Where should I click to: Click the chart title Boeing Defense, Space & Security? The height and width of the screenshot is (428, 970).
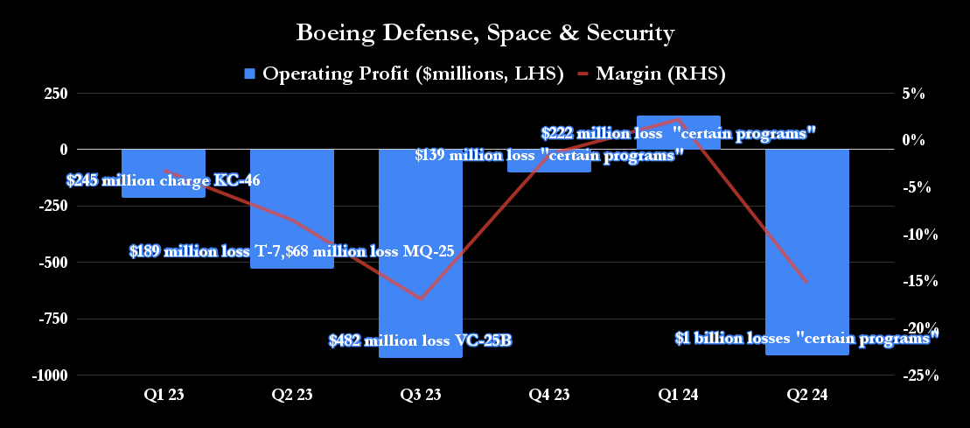pyautogui.click(x=485, y=33)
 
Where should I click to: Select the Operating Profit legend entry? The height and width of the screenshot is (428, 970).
pyautogui.click(x=403, y=74)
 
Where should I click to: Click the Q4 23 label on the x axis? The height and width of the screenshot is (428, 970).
pyautogui.click(x=549, y=396)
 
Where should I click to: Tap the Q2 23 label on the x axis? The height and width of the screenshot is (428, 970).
pyautogui.click(x=292, y=396)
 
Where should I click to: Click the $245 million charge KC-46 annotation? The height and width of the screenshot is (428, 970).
pyautogui.click(x=164, y=181)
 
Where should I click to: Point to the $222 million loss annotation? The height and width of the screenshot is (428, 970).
pyautogui.click(x=679, y=134)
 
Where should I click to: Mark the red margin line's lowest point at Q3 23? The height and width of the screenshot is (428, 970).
pyautogui.click(x=421, y=299)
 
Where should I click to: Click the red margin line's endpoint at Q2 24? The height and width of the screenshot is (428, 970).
pyautogui.click(x=806, y=282)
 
